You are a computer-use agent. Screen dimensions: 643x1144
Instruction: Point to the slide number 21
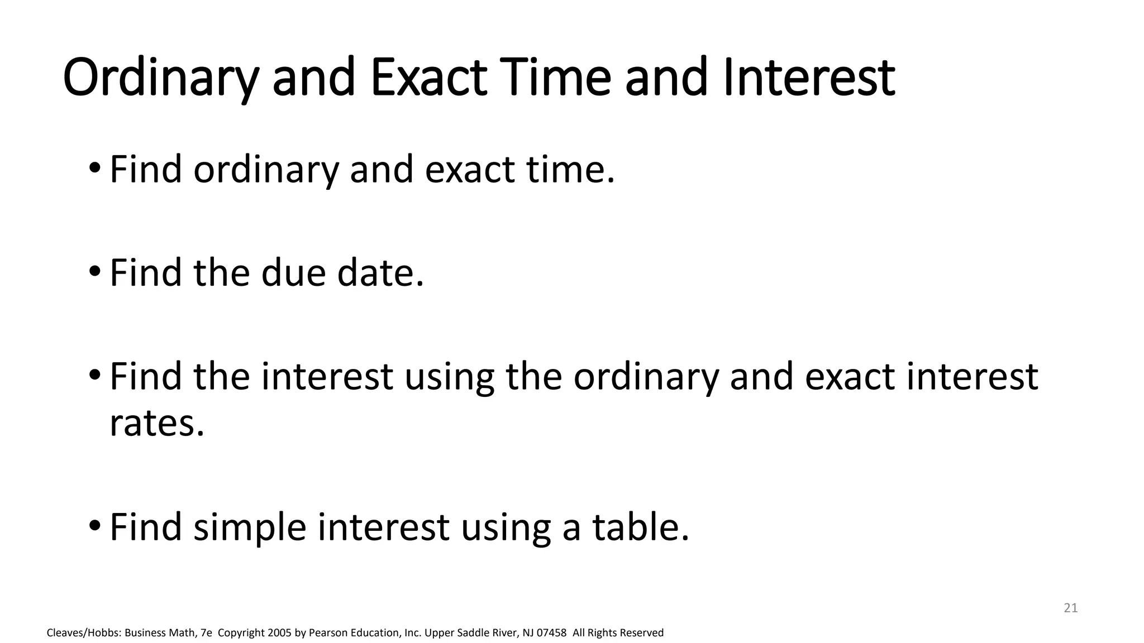(x=1070, y=608)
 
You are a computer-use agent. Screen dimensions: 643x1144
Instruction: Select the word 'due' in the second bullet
(x=293, y=273)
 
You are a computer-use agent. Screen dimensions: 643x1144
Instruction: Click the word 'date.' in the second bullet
(x=380, y=273)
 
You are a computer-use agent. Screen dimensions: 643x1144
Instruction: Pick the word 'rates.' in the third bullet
(x=157, y=423)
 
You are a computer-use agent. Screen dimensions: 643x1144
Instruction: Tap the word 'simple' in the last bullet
(x=250, y=527)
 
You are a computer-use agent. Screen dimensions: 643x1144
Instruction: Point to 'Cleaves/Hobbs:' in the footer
(x=84, y=633)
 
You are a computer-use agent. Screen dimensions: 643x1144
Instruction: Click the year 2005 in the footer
(x=279, y=633)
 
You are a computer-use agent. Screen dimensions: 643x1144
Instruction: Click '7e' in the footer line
(x=206, y=633)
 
